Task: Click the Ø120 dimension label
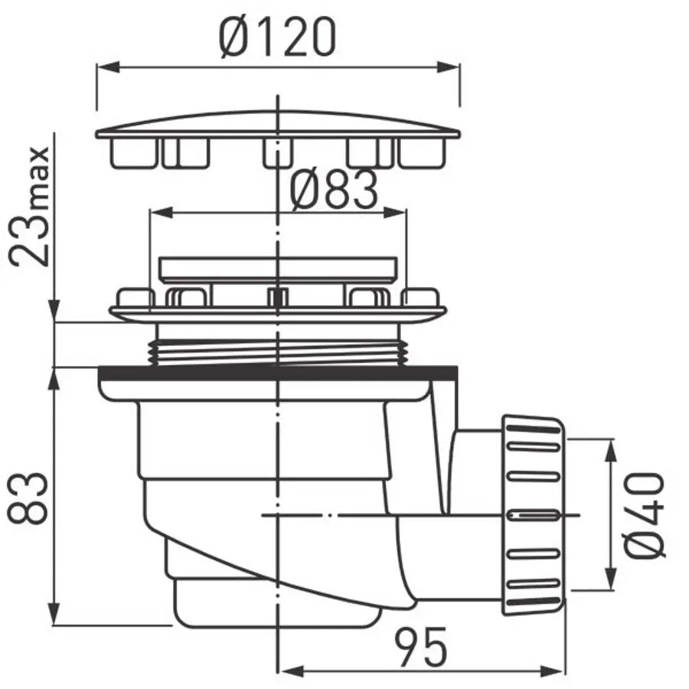[278, 38]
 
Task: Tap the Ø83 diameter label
[334, 190]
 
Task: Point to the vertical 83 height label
[28, 498]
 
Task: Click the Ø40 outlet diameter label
[645, 515]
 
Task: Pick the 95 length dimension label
[420, 646]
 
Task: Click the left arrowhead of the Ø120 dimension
[108, 67]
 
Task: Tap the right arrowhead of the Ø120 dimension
[448, 67]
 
